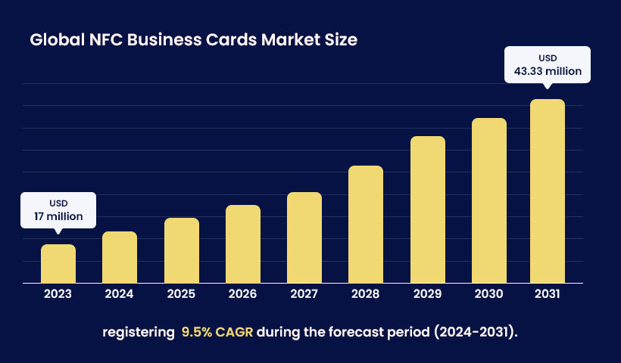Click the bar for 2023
(x=58, y=264)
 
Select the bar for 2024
(x=120, y=257)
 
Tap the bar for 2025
(x=182, y=250)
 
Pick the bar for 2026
(x=243, y=244)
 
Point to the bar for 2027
(x=304, y=237)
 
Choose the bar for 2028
(x=366, y=225)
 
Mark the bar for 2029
(x=428, y=209)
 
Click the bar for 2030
(x=489, y=200)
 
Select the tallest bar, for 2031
(x=548, y=191)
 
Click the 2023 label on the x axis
(x=58, y=294)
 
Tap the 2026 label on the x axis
(x=243, y=294)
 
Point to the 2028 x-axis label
(x=366, y=294)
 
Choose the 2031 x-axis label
(x=548, y=294)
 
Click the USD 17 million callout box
(x=58, y=210)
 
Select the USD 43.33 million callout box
(x=547, y=65)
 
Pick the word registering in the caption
(x=138, y=332)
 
